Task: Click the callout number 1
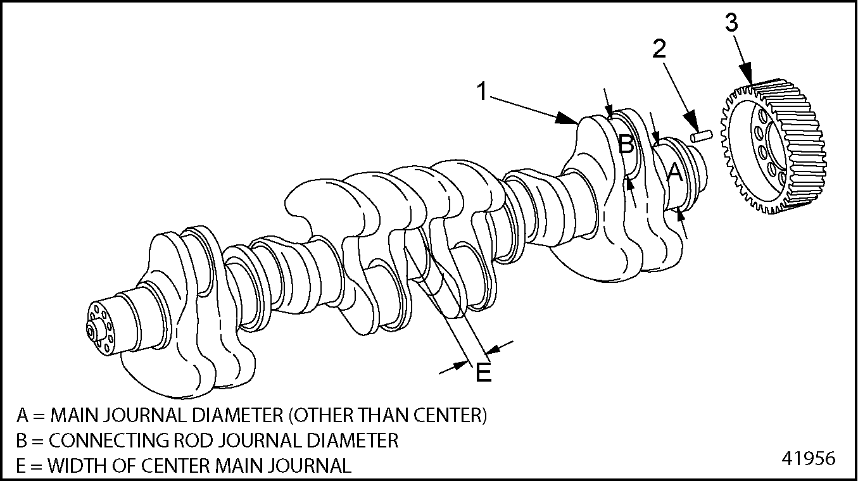tap(483, 92)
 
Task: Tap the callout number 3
tap(731, 23)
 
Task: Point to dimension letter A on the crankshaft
tap(675, 171)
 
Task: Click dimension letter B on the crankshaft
tap(626, 145)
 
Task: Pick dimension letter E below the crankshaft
tap(483, 372)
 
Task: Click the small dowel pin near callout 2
tap(702, 135)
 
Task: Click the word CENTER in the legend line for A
tap(450, 415)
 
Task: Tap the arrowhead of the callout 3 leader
tap(748, 78)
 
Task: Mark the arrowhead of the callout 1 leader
tap(568, 118)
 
